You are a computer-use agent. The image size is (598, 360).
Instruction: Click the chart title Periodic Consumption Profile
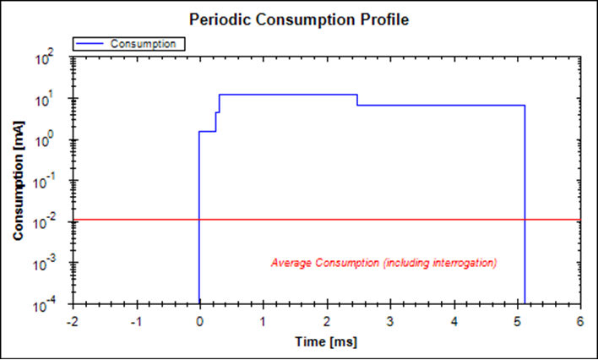299,19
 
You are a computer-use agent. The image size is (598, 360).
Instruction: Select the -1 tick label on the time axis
135,321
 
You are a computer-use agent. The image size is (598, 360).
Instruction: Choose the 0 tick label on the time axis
199,321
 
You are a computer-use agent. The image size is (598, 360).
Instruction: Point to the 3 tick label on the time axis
390,321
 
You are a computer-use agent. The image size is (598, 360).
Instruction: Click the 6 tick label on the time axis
580,321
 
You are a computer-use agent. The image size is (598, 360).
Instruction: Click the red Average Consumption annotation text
383,262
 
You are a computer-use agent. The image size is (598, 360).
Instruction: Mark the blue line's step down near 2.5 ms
357,100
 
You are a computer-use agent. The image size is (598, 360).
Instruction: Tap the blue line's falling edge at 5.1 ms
525,203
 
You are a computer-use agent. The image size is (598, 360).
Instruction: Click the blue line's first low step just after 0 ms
208,131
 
